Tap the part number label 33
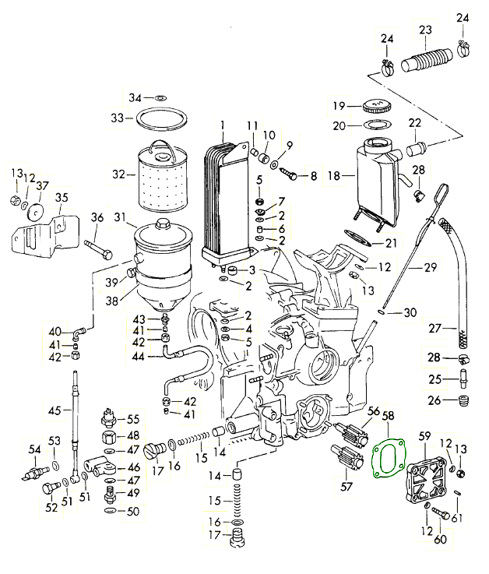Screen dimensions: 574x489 pyautogui.click(x=117, y=118)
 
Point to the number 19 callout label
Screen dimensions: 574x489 pyautogui.click(x=339, y=106)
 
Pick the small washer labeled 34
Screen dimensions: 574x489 pyautogui.click(x=160, y=98)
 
